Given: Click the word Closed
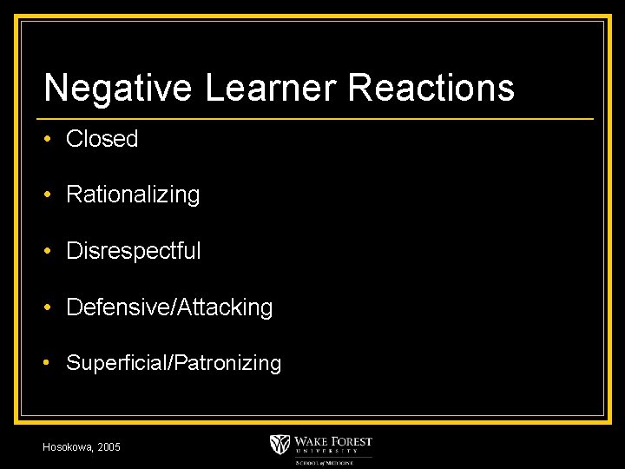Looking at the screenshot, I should (x=102, y=139).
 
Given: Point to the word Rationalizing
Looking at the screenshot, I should (x=133, y=195).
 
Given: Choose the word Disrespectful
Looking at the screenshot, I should (x=133, y=251).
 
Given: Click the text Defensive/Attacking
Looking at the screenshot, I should (x=169, y=307).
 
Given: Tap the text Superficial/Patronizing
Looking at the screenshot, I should (x=174, y=363).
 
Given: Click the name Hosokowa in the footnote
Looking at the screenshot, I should (x=68, y=446).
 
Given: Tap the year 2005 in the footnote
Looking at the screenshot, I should (x=109, y=446).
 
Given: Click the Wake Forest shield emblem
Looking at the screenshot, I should (x=280, y=444).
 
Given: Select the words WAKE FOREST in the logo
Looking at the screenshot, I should (x=333, y=440).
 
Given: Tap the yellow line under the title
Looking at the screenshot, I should (x=318, y=118).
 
